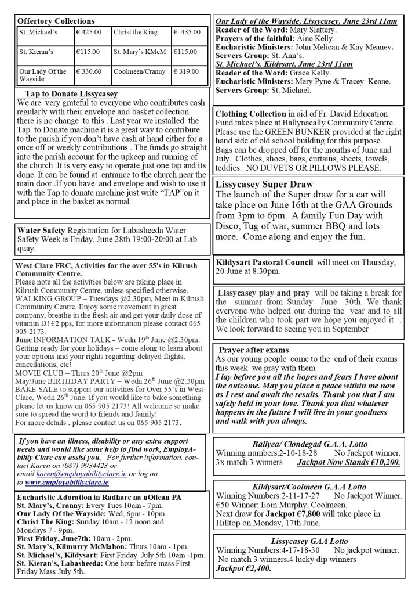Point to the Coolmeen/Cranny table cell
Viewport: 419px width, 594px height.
tap(140, 71)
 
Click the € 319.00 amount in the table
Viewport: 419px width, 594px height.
tap(187, 71)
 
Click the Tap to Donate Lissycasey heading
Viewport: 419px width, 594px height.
tap(71, 93)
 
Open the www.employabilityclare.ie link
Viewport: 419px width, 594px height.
tap(67, 482)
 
